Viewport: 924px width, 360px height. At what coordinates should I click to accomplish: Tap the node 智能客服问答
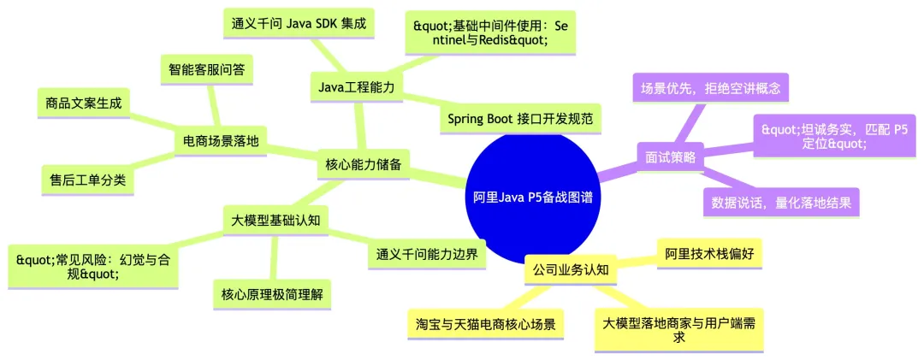pos(205,69)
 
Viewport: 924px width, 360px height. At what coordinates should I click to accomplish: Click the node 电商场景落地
pos(221,139)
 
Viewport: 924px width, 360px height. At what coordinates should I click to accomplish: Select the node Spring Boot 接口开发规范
pos(520,118)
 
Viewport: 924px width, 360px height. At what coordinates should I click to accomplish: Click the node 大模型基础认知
pos(275,220)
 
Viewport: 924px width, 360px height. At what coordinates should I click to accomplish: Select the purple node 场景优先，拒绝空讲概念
pos(709,86)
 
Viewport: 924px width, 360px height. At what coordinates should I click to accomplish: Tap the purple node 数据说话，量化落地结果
pos(780,202)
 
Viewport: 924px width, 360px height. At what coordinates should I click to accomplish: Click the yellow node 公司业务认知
pos(570,270)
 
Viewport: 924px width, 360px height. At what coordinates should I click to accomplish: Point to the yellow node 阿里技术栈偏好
pos(708,253)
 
